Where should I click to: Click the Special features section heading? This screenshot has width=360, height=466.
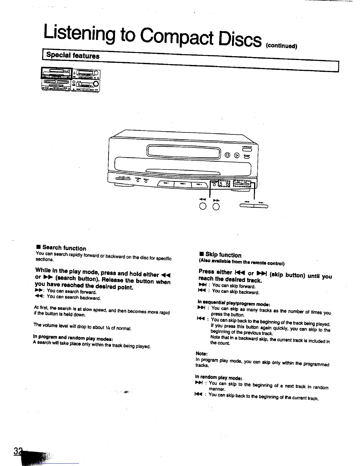pyautogui.click(x=73, y=55)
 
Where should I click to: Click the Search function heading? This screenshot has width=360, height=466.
pyautogui.click(x=64, y=248)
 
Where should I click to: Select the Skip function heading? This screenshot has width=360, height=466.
pyautogui.click(x=223, y=255)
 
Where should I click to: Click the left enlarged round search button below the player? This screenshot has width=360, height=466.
pyautogui.click(x=203, y=207)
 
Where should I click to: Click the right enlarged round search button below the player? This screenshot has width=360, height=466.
pyautogui.click(x=216, y=207)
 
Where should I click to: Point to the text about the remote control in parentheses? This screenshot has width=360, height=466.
pyautogui.click(x=241, y=262)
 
